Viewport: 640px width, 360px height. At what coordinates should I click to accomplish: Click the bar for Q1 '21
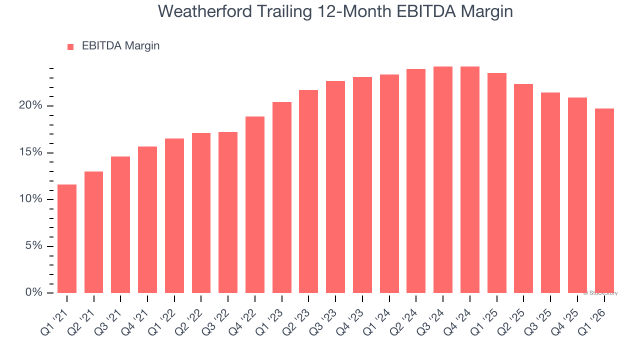tap(67, 238)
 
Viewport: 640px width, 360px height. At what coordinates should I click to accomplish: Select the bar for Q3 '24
tap(443, 179)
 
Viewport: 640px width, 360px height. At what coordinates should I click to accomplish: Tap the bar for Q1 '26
tap(604, 200)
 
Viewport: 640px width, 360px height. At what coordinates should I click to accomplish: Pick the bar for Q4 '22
tap(255, 204)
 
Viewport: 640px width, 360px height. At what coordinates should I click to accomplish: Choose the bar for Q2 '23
tap(308, 191)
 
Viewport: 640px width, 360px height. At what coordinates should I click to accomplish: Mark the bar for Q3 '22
tap(228, 212)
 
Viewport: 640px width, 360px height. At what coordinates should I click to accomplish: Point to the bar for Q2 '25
tap(523, 188)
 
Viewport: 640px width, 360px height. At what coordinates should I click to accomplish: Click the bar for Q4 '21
tap(147, 219)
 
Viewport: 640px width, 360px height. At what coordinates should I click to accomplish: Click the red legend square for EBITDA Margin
tap(70, 47)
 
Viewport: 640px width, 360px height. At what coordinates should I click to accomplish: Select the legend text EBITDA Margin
tap(120, 46)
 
